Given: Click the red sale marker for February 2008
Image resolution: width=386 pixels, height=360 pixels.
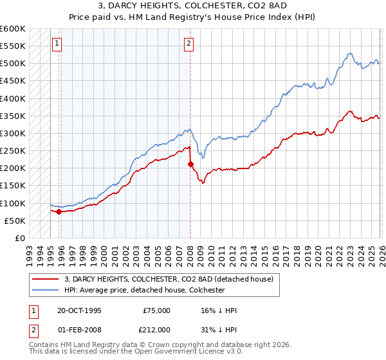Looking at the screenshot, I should point(190,164).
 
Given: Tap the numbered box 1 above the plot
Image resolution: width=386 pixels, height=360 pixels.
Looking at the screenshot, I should point(57,44).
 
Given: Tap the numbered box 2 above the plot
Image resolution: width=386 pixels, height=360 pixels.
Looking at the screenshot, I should point(188,44).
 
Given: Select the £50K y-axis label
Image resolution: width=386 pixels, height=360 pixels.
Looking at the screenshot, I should point(15,221).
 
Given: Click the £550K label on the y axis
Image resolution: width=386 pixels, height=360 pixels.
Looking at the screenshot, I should point(13,46).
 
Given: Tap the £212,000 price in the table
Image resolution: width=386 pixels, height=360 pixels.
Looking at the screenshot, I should point(156,329).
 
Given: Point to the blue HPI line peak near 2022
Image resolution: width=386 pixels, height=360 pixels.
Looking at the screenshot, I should point(349,53).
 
